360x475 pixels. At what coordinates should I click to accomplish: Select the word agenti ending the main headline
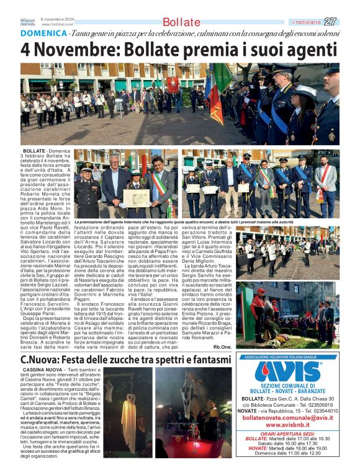pos(313,49)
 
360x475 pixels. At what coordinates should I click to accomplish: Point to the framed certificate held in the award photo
pos(136,198)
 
